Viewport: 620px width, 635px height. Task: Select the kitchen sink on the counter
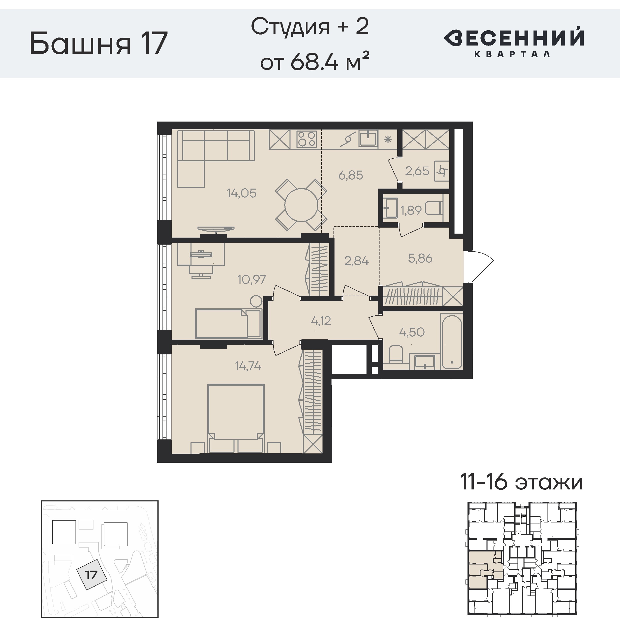point(368,138)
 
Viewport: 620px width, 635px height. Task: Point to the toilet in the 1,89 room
point(434,208)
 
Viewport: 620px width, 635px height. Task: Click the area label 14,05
point(241,193)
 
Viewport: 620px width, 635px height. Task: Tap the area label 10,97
point(251,279)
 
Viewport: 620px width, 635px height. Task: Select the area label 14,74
point(248,366)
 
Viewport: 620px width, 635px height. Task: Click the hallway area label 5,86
point(420,258)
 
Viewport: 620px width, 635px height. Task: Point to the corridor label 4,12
point(321,321)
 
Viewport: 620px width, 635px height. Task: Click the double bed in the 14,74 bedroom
point(236,419)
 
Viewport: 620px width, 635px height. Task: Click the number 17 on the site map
point(91,574)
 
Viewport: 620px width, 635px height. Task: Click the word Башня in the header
point(80,43)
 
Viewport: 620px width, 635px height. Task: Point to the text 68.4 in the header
point(314,61)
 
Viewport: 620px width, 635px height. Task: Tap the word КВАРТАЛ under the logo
point(512,54)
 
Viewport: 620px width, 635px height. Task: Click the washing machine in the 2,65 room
point(442,171)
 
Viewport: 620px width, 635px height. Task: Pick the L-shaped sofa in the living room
point(215,159)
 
